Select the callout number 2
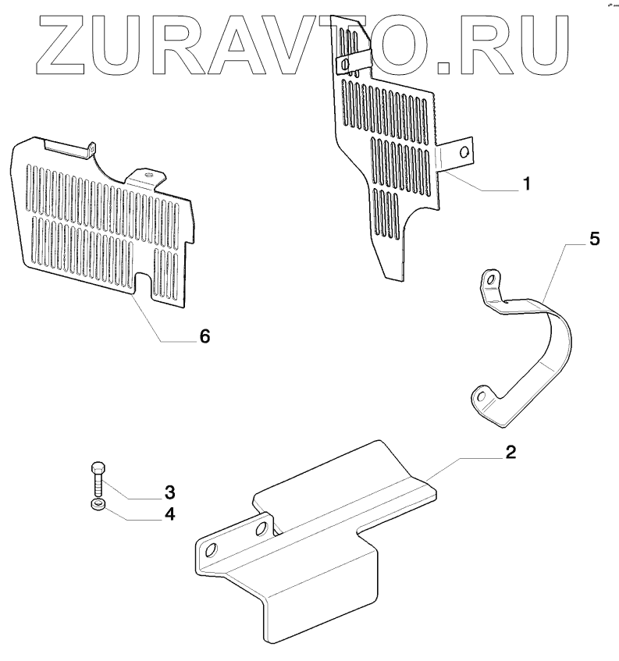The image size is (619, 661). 511,453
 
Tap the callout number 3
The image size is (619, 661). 169,492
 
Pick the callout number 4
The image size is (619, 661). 169,515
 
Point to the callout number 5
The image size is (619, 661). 595,239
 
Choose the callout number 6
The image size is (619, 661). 204,336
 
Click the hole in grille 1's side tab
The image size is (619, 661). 464,152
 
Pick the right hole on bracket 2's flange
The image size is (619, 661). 259,531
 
